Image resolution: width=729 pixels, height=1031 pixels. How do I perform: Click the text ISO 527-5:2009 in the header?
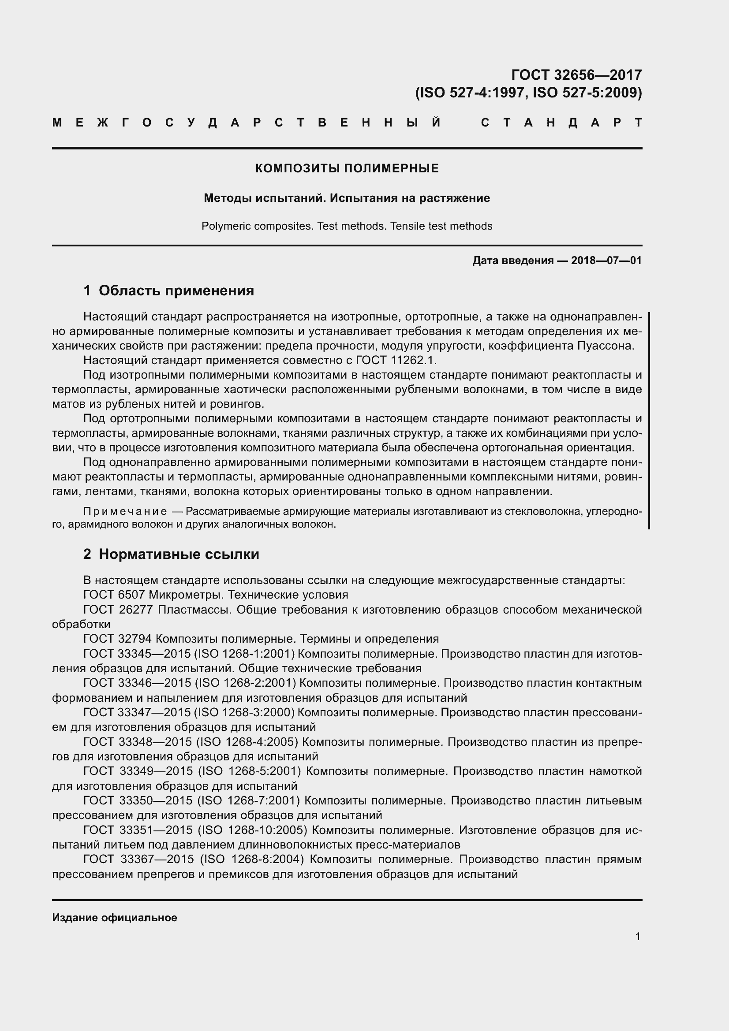pyautogui.click(x=587, y=93)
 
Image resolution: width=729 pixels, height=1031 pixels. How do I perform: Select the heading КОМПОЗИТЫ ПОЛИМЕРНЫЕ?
pyautogui.click(x=347, y=168)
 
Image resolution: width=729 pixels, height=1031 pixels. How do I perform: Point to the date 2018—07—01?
pyautogui.click(x=606, y=261)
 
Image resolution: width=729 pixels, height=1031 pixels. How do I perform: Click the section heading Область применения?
pyautogui.click(x=176, y=290)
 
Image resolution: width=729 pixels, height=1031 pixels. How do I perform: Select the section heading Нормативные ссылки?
pyautogui.click(x=179, y=554)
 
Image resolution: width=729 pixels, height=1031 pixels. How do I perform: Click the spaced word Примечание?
pyautogui.click(x=125, y=511)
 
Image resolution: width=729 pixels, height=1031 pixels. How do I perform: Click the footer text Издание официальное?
pyautogui.click(x=115, y=918)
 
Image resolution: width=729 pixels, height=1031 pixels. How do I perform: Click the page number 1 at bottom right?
pyautogui.click(x=638, y=936)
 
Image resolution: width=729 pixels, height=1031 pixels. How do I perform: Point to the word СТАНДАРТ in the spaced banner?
pyautogui.click(x=561, y=123)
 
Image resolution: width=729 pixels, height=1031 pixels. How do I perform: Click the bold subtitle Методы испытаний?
pyautogui.click(x=265, y=198)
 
